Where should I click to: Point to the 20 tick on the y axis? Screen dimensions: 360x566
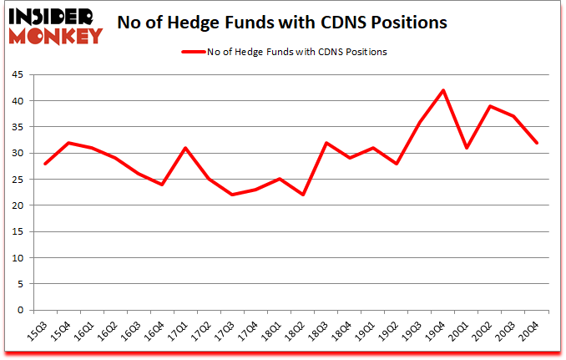(x=17, y=205)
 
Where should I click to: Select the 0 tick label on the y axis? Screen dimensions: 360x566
(x=20, y=311)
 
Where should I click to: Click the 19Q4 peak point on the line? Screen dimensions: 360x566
(x=443, y=90)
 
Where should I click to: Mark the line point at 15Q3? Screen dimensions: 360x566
(x=45, y=164)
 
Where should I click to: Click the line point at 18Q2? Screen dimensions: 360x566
(x=303, y=195)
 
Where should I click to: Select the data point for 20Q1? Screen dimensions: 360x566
(x=467, y=148)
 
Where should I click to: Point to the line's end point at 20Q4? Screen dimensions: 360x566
(x=537, y=143)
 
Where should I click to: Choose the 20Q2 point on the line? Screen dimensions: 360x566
(x=490, y=106)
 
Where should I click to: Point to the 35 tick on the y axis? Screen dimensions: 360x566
(x=17, y=127)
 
